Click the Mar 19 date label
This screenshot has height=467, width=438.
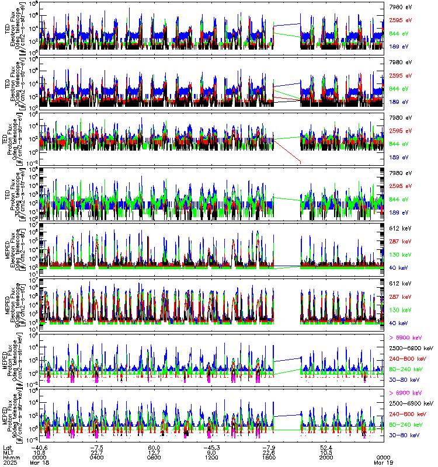383,462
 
